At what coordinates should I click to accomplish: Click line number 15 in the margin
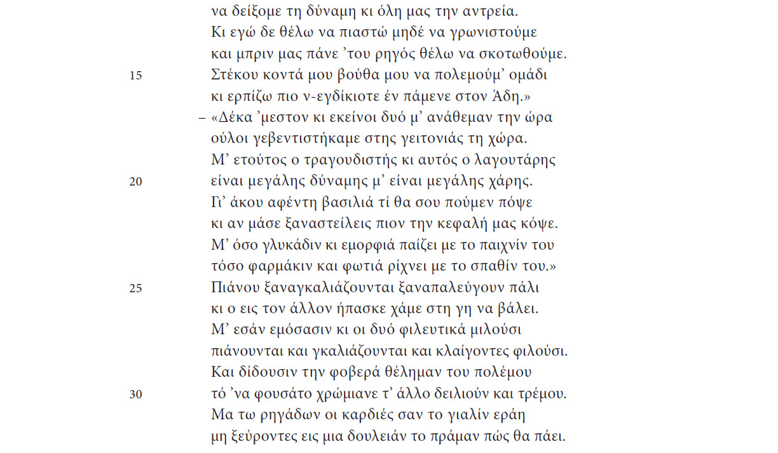pos(135,76)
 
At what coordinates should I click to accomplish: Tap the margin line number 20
pos(135,182)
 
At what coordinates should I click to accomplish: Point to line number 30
pos(135,395)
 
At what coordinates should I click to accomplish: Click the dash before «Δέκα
pos(201,118)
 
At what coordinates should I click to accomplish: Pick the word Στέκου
pos(231,76)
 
